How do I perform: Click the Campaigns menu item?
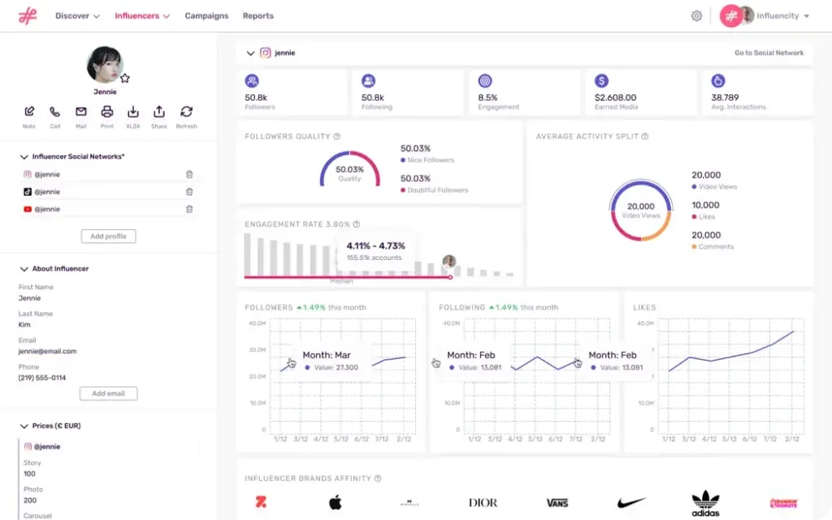206,15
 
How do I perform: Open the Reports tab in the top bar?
258,15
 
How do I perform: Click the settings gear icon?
696,15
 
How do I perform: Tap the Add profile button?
108,236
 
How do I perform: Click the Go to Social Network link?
769,53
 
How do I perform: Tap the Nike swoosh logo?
631,503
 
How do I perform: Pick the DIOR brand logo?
483,503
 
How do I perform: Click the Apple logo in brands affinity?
336,502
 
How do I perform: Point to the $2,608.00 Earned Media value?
616,97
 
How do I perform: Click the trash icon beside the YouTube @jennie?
189,209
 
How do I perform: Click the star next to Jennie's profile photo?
125,79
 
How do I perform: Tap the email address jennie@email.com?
48,351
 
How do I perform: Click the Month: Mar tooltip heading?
327,355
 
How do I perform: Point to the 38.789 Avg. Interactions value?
725,97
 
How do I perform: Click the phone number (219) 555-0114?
42,378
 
